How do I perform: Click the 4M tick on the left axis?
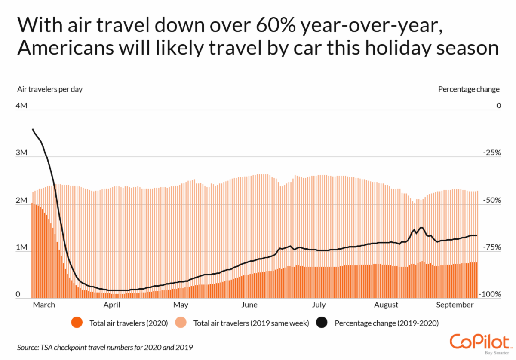[x=22, y=106]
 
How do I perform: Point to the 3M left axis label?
[x=22, y=153]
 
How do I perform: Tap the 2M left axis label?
[x=22, y=200]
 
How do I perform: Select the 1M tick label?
[x=22, y=247]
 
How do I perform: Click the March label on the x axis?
[x=44, y=305]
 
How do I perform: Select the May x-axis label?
[x=181, y=305]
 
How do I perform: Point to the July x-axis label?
[x=318, y=305]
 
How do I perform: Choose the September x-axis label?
[x=455, y=305]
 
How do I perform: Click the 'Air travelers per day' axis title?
[x=50, y=89]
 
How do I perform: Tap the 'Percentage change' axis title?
[x=469, y=89]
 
